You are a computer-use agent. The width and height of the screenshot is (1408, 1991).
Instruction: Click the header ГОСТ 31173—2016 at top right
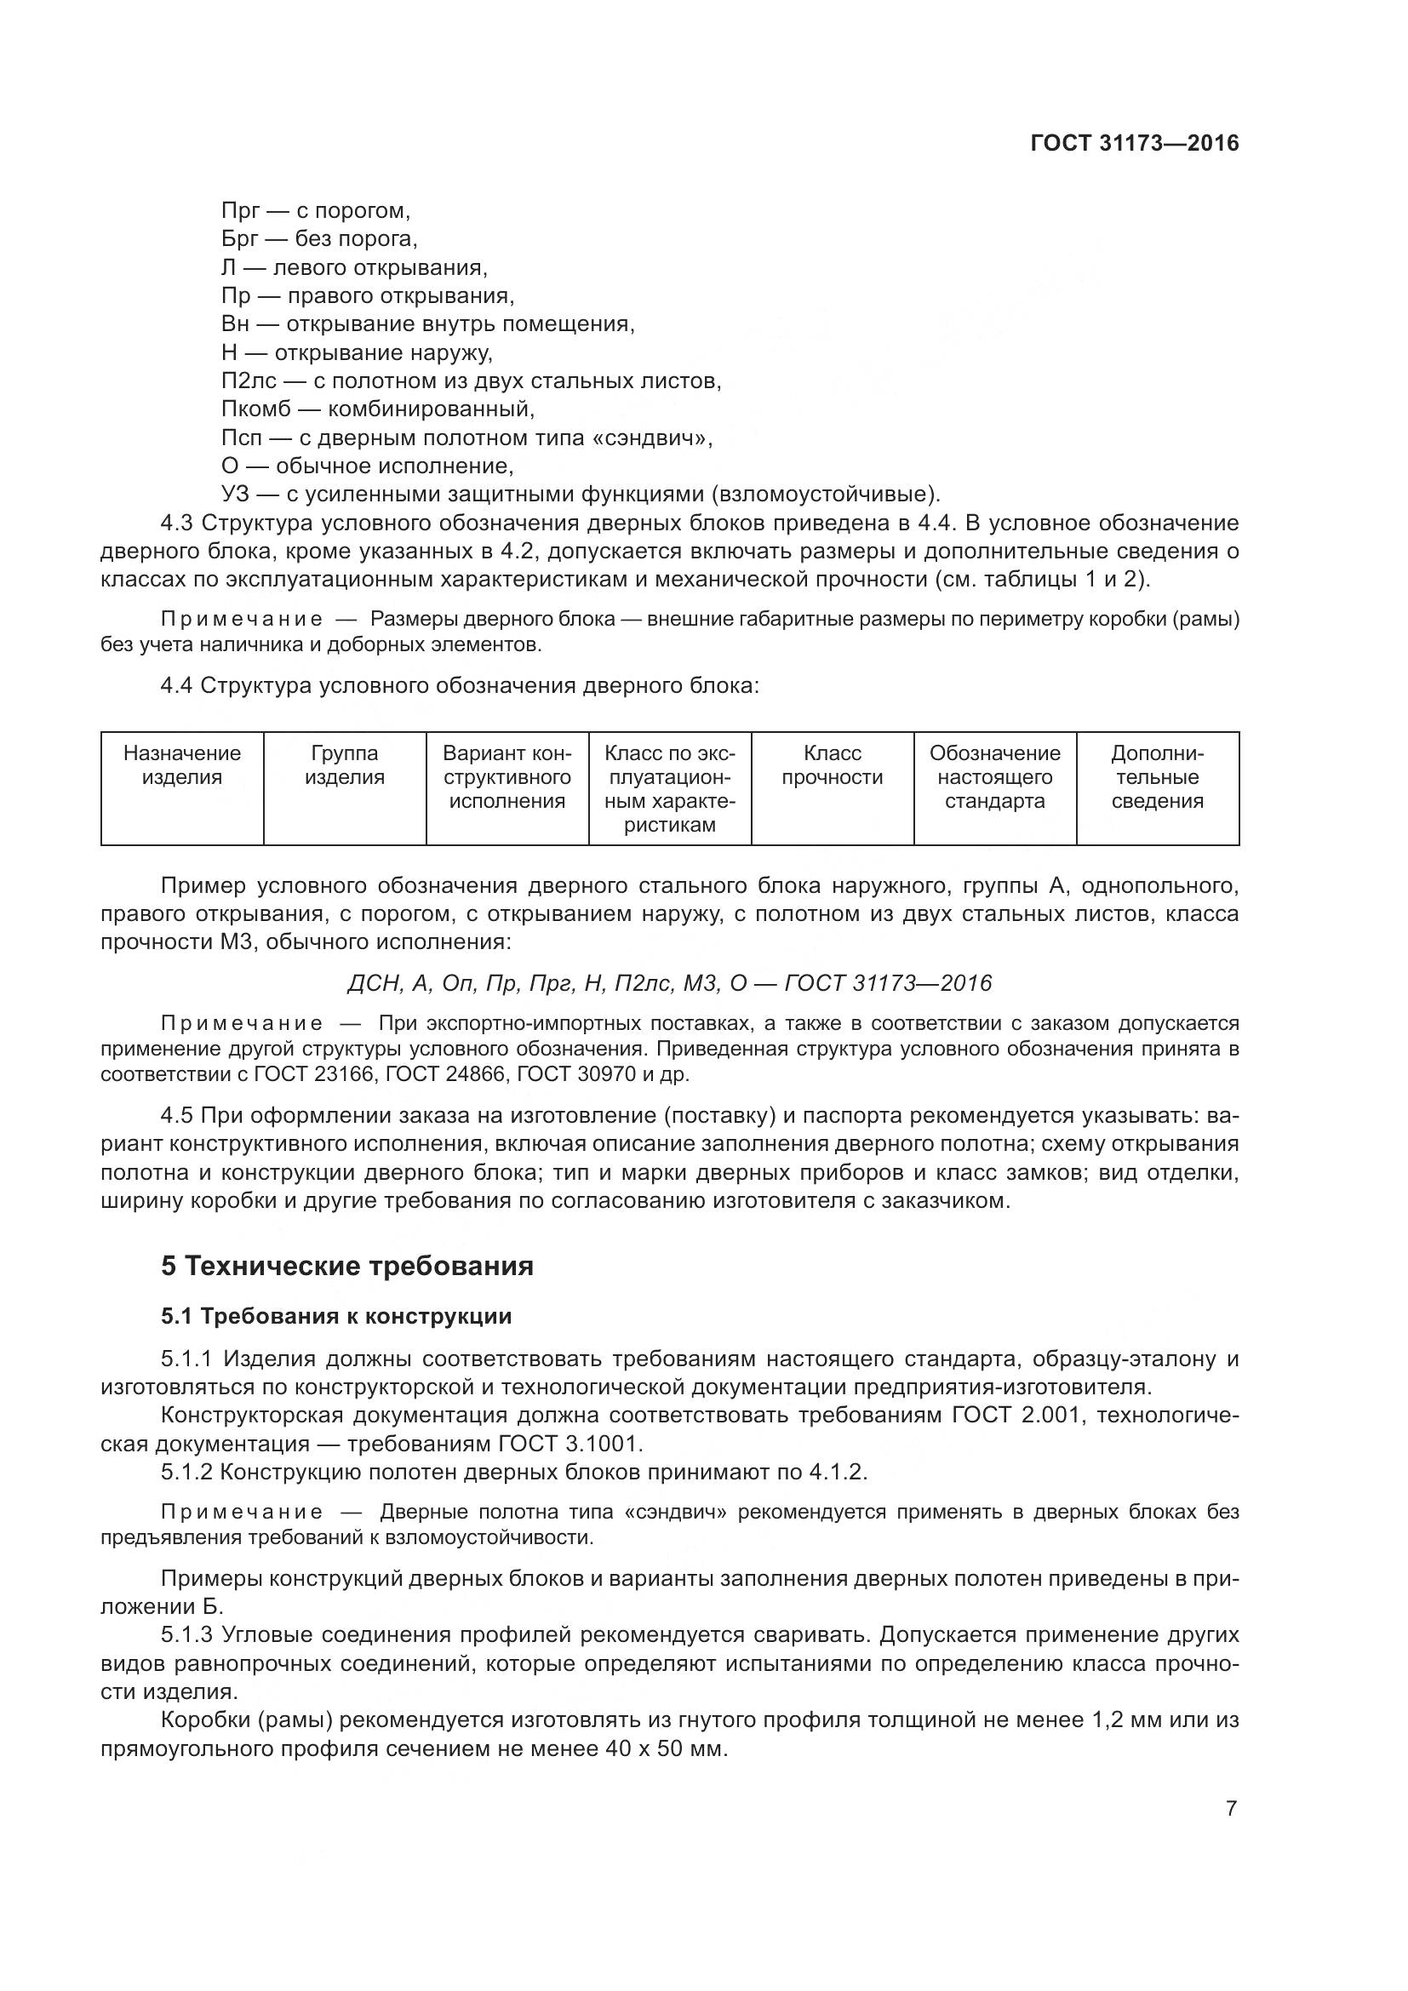tap(1134, 143)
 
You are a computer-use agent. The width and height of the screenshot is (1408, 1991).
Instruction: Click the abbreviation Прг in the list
tap(239, 211)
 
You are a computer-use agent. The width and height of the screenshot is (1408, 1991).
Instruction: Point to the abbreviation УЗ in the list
tap(235, 495)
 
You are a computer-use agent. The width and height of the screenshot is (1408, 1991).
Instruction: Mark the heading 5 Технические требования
tap(346, 1267)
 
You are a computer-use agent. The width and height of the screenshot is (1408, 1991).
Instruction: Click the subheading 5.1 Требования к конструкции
tap(336, 1316)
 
